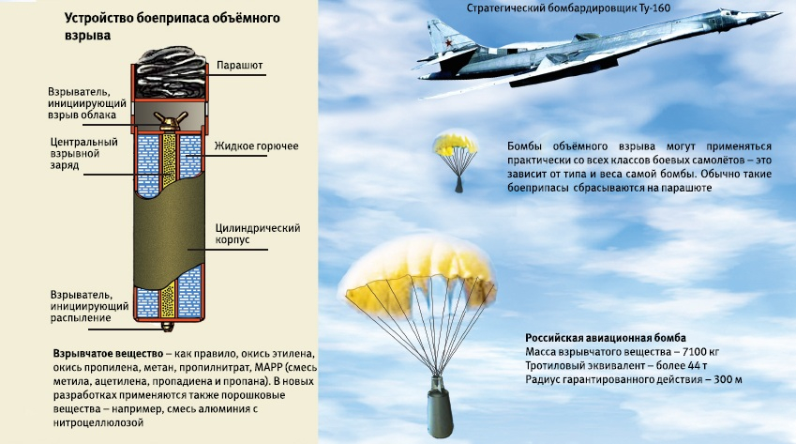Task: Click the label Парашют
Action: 240,66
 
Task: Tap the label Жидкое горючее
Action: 256,146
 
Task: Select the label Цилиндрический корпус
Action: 258,234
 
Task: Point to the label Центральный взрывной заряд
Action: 83,153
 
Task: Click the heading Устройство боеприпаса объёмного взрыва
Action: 173,27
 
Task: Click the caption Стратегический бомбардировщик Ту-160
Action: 568,8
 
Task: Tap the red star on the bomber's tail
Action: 448,42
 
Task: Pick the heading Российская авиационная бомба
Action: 605,338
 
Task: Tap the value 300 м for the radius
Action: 728,379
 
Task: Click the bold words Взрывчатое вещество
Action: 108,354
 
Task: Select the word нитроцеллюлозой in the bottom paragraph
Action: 98,422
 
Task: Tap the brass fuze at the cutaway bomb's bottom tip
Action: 167,327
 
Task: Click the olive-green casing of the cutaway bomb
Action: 170,234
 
